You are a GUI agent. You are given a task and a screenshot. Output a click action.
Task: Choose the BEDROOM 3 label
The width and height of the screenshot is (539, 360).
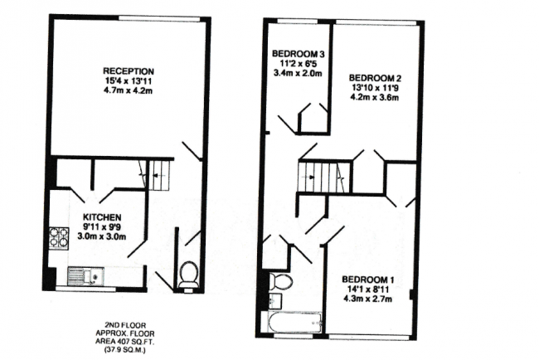(297, 55)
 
